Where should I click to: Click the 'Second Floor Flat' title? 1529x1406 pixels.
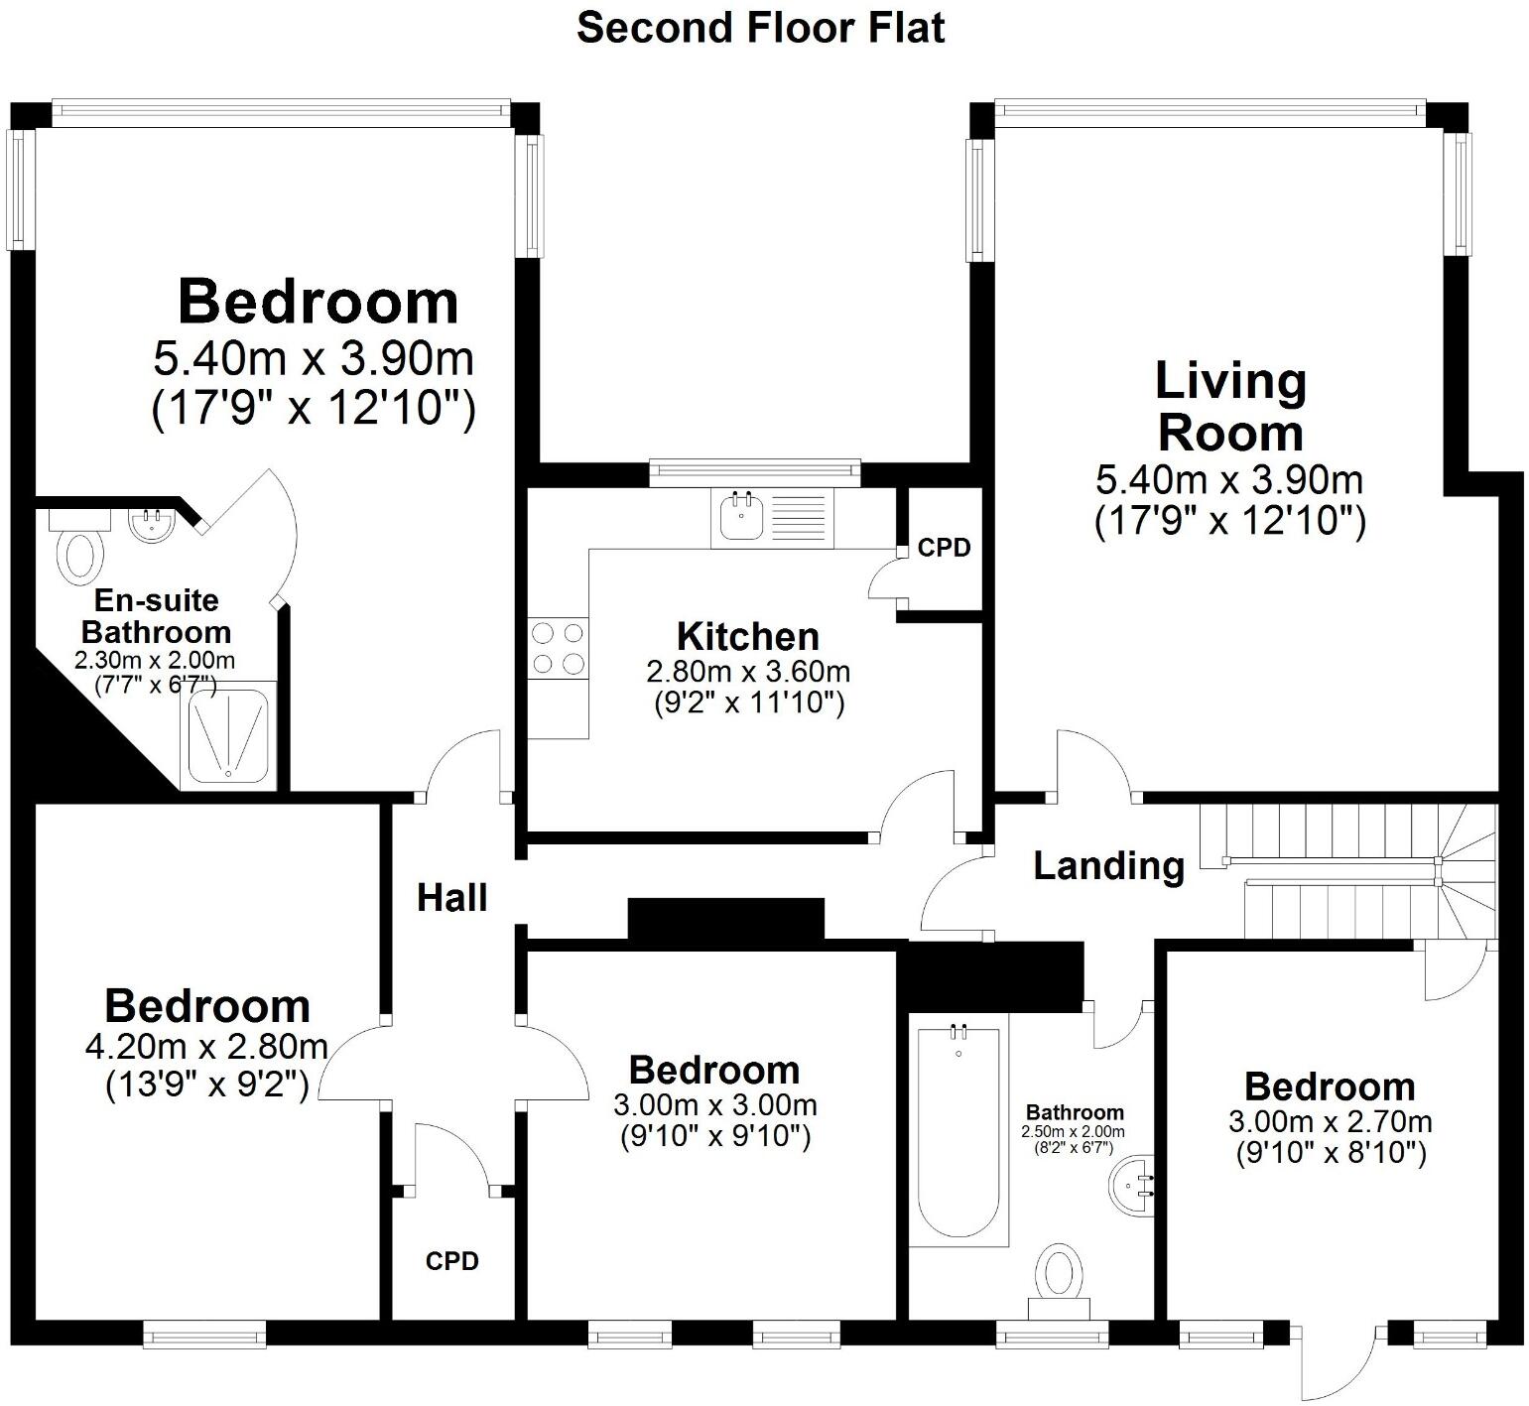pyautogui.click(x=760, y=28)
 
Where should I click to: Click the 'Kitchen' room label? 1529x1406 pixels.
pyautogui.click(x=748, y=636)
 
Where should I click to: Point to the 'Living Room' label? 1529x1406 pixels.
pyautogui.click(x=1230, y=407)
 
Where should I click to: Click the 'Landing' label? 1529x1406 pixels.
pyautogui.click(x=1108, y=866)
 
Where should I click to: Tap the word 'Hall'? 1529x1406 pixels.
pyautogui.click(x=452, y=898)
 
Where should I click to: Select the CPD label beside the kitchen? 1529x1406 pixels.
pyautogui.click(x=944, y=548)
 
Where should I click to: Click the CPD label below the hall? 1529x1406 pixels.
pyautogui.click(x=452, y=1261)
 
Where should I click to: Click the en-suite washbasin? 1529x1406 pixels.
pyautogui.click(x=152, y=523)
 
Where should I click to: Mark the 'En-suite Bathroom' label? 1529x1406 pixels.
pyautogui.click(x=156, y=616)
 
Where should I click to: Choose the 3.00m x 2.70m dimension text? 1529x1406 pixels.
pyautogui.click(x=1330, y=1122)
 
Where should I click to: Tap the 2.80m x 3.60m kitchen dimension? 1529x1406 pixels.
pyautogui.click(x=748, y=672)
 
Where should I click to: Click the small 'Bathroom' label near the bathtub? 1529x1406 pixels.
pyautogui.click(x=1075, y=1112)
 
